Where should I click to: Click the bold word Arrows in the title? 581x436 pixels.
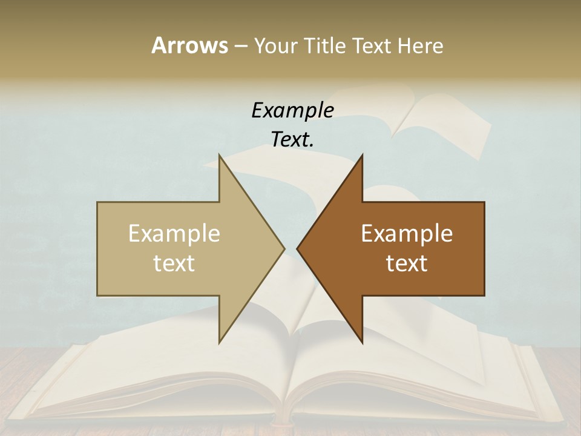[189, 45]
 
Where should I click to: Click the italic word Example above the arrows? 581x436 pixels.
[292, 110]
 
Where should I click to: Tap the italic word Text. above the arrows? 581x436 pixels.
[292, 140]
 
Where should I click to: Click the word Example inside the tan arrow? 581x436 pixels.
[174, 234]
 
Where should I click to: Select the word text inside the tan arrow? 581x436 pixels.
[174, 263]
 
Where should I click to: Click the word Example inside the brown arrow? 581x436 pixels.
[407, 234]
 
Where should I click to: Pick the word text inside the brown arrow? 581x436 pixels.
[407, 263]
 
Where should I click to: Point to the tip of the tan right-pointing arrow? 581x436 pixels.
[284, 248]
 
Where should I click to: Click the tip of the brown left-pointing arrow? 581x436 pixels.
[297, 248]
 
